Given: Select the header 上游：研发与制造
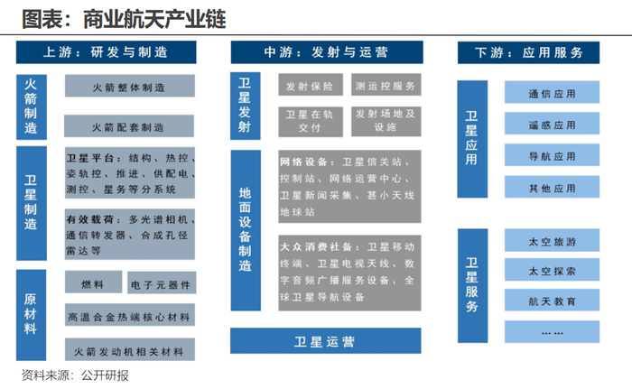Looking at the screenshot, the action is [108, 51].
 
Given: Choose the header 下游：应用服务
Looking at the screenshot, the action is [528, 51].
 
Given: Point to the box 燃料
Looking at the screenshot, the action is [92, 283].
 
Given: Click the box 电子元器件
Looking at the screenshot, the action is [161, 283].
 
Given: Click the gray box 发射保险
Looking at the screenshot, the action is [309, 87].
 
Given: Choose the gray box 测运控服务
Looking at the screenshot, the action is [386, 87].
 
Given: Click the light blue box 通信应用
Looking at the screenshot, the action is [552, 93].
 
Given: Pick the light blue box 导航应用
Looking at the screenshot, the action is [552, 156].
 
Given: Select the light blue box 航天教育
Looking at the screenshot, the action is [552, 301].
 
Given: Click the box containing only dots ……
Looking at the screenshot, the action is [552, 331].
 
